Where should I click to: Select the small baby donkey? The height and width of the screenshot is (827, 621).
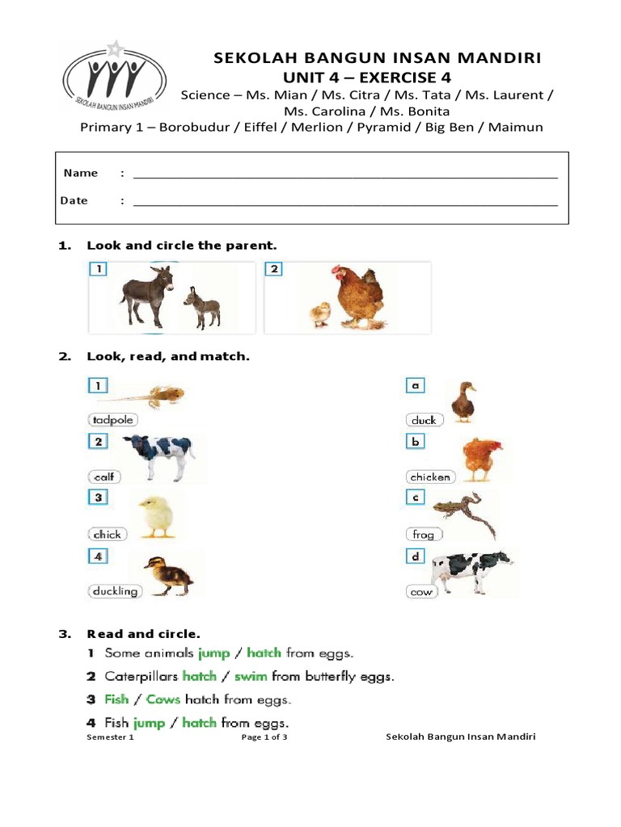click(x=201, y=308)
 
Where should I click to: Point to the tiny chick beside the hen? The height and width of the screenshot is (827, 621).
click(x=321, y=313)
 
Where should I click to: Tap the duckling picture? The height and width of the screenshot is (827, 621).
click(x=167, y=575)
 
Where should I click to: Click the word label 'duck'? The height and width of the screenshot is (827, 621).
click(x=423, y=420)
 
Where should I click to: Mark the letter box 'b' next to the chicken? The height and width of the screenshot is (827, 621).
click(x=415, y=443)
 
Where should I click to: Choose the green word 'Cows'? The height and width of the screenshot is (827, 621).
click(x=163, y=699)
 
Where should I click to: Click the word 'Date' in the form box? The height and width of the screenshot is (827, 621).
click(x=74, y=200)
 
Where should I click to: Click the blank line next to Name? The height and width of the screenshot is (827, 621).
click(x=345, y=174)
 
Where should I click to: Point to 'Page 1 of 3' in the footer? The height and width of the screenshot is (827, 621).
click(x=264, y=737)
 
